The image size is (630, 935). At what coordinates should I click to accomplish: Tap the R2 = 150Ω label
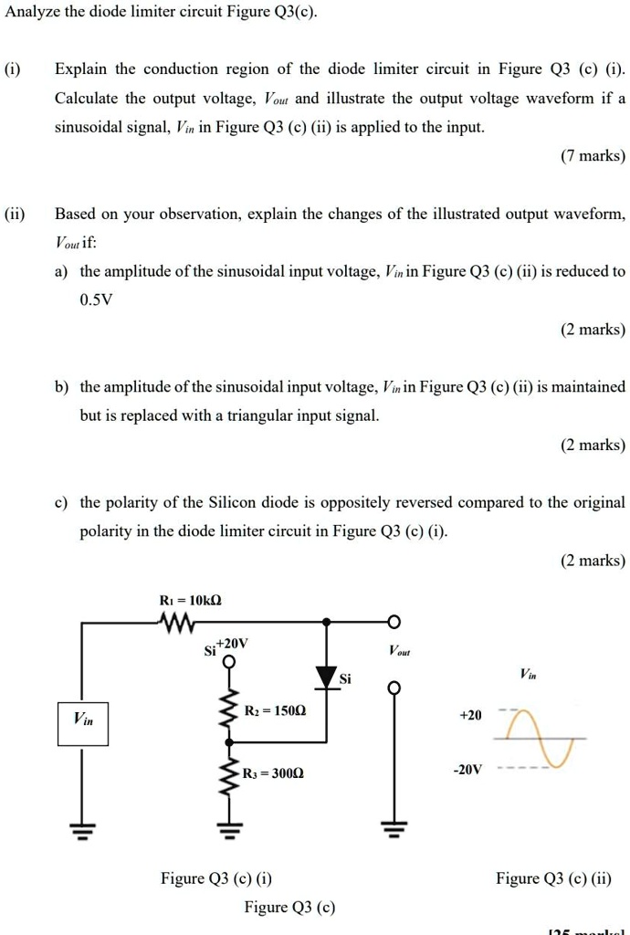pos(276,709)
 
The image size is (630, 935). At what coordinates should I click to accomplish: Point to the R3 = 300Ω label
pos(273,772)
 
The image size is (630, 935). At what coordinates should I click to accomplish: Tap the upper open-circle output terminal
pos(394,623)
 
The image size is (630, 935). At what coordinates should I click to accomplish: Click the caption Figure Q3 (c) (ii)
pos(553,878)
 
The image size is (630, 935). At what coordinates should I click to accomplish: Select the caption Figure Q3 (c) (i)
pos(216,878)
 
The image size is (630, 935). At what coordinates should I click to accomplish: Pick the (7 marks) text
pos(593,156)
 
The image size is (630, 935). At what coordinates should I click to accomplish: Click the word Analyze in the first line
pos(33,13)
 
